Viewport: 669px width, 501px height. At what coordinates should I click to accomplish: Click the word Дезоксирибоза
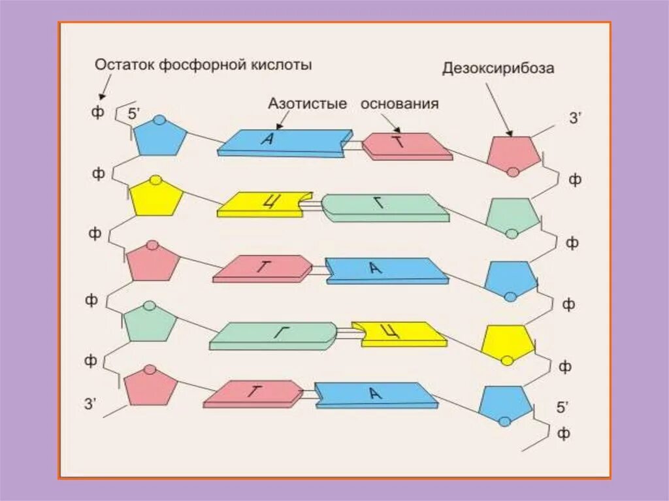pyautogui.click(x=498, y=68)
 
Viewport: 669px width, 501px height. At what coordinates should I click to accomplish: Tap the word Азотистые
pyautogui.click(x=307, y=104)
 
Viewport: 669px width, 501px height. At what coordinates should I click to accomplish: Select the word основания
pyautogui.click(x=399, y=104)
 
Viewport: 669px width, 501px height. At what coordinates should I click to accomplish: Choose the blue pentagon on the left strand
pyautogui.click(x=160, y=138)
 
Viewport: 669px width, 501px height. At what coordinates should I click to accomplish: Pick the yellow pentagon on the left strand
pyautogui.click(x=156, y=198)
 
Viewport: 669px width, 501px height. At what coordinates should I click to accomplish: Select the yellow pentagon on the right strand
pyautogui.click(x=507, y=342)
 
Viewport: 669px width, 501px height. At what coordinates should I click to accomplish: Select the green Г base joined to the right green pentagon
pyautogui.click(x=384, y=206)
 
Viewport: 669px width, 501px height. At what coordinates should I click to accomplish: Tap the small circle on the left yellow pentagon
pyautogui.click(x=155, y=180)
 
